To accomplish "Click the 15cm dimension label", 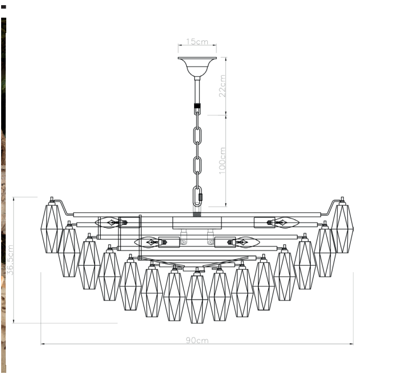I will pyautogui.click(x=197, y=42).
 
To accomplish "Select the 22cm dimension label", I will pyautogui.click(x=223, y=85).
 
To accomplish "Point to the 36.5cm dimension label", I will pyautogui.click(x=11, y=261).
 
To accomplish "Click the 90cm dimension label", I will pyautogui.click(x=197, y=340).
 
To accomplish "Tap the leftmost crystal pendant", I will pyautogui.click(x=52, y=228).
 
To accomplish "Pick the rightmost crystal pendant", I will pyautogui.click(x=342, y=228).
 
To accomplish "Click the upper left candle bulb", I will pyautogui.click(x=110, y=222).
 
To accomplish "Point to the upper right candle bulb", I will pyautogui.click(x=285, y=222).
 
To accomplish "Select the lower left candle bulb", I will pyautogui.click(x=148, y=243).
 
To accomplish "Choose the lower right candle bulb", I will pyautogui.click(x=246, y=243).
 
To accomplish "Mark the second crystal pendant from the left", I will pyautogui.click(x=69, y=251).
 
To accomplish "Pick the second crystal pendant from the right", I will pyautogui.click(x=325, y=251).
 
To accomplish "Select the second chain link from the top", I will pyautogui.click(x=198, y=137).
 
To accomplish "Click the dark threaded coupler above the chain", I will pyautogui.click(x=197, y=106).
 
